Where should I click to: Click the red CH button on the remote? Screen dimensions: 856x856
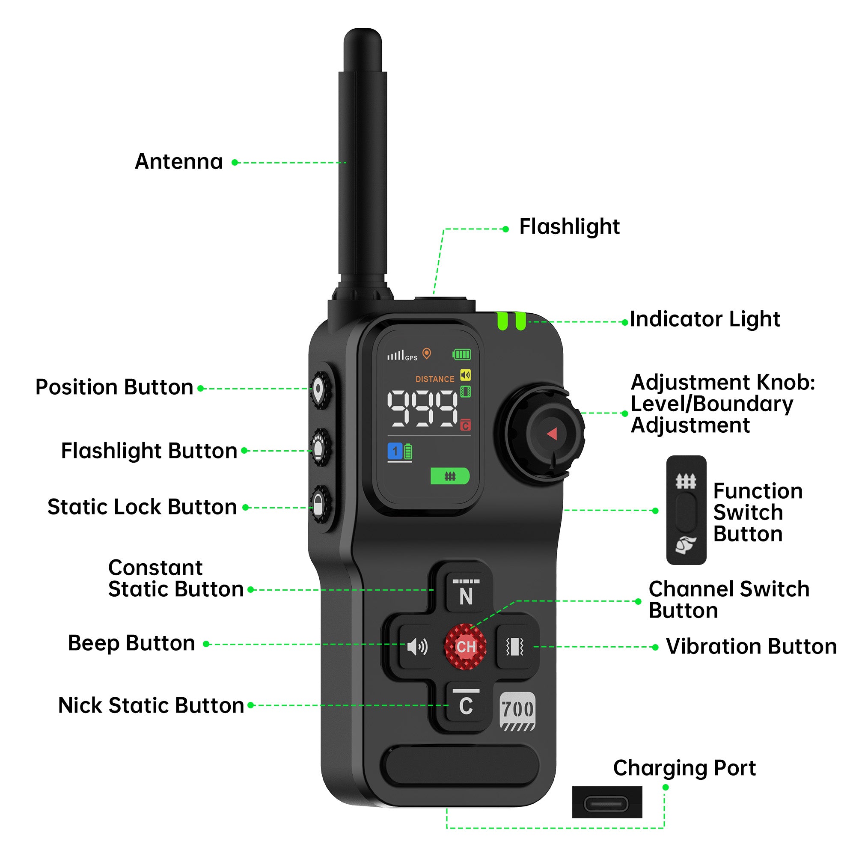point(465,646)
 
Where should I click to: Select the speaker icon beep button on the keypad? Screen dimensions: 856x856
point(417,647)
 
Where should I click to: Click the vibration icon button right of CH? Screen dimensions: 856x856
point(514,647)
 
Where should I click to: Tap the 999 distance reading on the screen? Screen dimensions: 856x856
point(422,408)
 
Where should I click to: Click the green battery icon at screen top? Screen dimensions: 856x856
point(461,354)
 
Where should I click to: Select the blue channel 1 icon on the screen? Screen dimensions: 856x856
point(395,452)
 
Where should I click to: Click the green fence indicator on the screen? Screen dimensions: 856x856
point(450,476)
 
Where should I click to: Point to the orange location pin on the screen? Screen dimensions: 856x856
point(426,353)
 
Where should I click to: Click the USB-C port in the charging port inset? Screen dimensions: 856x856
point(606,804)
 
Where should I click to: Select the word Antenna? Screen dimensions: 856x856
point(178,161)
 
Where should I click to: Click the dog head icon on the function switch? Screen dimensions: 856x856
point(685,544)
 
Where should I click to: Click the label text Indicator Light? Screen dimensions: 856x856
point(704,319)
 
